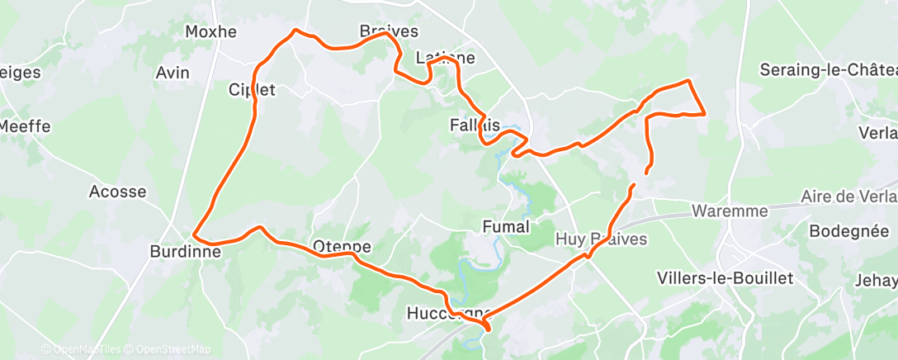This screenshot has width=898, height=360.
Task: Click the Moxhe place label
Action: point(210,32)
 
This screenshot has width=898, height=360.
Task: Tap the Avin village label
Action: point(173,73)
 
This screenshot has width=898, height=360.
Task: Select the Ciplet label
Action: point(252,90)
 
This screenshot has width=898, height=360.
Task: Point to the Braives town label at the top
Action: point(389,31)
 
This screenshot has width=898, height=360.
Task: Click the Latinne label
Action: point(446,58)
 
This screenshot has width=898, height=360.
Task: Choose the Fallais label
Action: point(475,126)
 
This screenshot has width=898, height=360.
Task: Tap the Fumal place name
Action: point(505,225)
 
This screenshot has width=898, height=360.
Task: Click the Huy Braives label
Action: point(600,239)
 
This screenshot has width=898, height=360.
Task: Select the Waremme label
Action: point(730,211)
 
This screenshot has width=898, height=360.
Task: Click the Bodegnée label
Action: point(853,231)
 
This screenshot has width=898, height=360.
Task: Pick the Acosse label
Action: point(117,192)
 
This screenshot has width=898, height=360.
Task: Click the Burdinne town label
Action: point(186,251)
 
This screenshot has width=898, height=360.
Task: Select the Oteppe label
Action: point(342,246)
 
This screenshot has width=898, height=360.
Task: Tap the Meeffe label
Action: point(25,126)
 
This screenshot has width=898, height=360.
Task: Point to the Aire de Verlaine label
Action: point(848,197)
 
